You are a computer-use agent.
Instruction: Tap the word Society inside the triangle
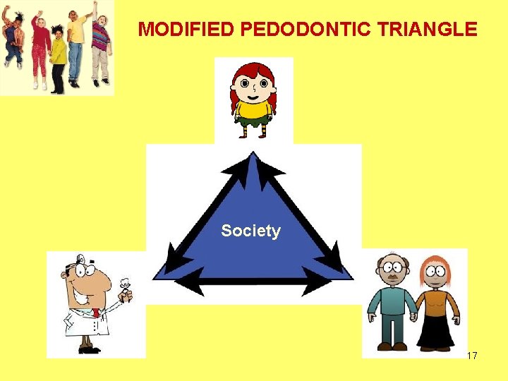click(250, 231)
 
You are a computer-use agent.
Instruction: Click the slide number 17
click(472, 356)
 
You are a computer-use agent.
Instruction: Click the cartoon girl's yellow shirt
click(253, 109)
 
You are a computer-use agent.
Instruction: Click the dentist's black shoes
click(88, 349)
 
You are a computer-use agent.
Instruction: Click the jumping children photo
click(57, 47)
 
